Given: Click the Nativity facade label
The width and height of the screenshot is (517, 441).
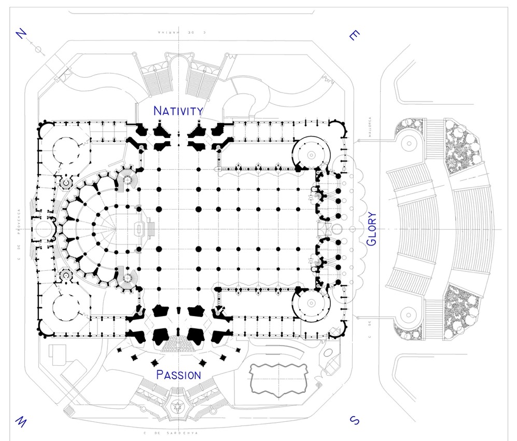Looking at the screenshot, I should (x=178, y=111).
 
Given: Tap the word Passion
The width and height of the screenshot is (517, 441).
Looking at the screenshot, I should (x=178, y=375).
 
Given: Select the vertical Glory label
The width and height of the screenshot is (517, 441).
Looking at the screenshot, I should (x=371, y=229).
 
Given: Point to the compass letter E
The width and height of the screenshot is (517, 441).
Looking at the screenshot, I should (x=354, y=35).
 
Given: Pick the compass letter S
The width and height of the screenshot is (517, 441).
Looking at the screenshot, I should (x=354, y=420).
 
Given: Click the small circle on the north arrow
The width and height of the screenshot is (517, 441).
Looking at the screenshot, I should (x=38, y=48).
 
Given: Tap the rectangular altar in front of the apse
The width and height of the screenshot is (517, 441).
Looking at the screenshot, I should (x=139, y=229).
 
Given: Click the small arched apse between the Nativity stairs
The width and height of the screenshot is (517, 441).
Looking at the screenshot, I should (x=178, y=65).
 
